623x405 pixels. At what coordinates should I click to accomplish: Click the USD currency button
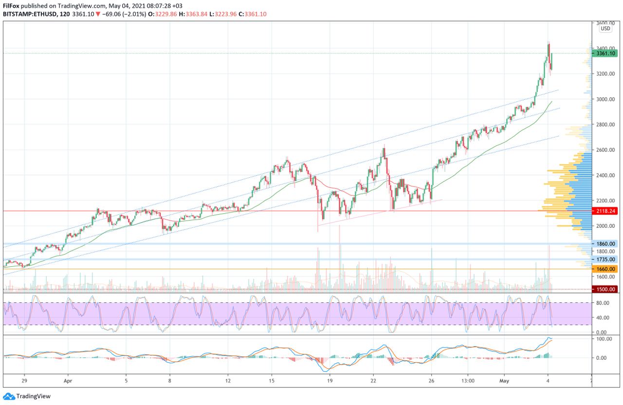click(x=605, y=29)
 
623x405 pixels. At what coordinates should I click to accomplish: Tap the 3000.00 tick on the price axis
click(x=605, y=99)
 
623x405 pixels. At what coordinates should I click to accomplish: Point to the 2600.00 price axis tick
click(x=605, y=150)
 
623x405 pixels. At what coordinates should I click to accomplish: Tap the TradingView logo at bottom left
click(x=27, y=396)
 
